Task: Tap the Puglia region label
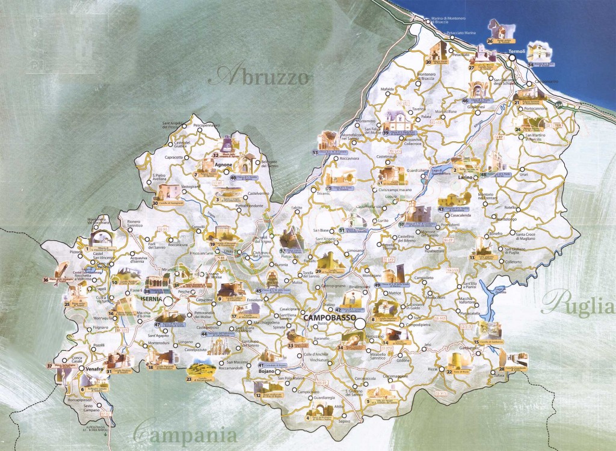(578, 302)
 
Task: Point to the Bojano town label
(266, 372)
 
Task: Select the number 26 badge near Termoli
(490, 41)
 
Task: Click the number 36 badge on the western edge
(46, 280)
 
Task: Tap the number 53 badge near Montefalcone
(315, 153)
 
